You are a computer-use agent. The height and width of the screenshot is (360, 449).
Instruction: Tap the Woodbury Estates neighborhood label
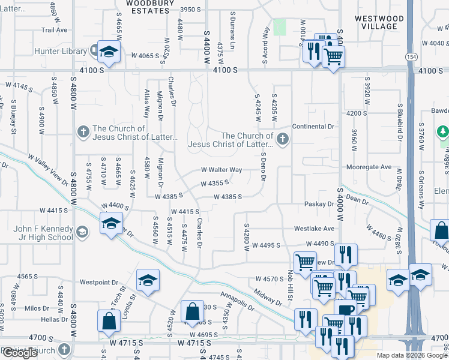(149, 7)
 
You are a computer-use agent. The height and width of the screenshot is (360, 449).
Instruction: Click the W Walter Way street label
(221, 170)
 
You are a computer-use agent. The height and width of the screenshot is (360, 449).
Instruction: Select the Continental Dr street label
(313, 127)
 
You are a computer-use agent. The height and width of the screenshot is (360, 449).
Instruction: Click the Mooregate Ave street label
(369, 167)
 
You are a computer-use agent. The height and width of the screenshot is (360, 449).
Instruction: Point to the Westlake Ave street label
(313, 229)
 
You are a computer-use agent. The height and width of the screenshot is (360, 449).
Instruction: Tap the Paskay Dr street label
(319, 204)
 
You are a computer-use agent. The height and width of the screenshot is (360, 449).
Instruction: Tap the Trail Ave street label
(54, 29)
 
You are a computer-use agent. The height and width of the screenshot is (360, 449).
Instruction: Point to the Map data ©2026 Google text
(411, 355)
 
